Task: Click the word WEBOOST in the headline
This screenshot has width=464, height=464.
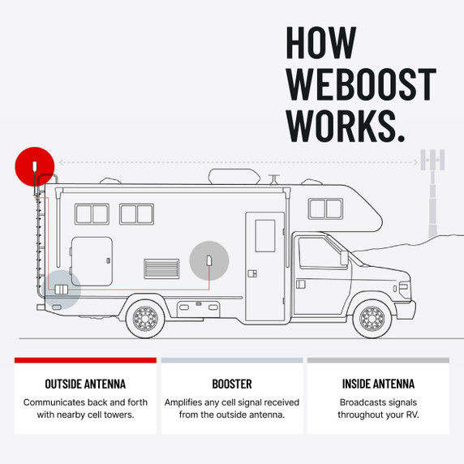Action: (361, 84)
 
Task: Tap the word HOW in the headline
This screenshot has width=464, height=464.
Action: (321, 42)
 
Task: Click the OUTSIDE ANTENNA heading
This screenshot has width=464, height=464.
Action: (85, 384)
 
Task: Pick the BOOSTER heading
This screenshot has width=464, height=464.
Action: (232, 384)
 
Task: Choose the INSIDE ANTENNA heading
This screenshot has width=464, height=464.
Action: (378, 384)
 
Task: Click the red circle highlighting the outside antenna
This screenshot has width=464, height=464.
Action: (35, 166)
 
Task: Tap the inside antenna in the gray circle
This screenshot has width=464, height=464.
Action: (209, 260)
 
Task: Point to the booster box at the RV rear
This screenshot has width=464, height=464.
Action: (62, 290)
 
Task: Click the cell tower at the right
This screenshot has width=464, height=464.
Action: (432, 192)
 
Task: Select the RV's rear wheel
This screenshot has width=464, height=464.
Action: (145, 319)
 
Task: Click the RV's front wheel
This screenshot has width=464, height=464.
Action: (372, 319)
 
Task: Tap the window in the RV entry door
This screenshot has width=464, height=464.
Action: (265, 236)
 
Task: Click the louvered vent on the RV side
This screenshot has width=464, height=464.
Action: (161, 269)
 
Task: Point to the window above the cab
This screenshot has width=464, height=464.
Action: (325, 208)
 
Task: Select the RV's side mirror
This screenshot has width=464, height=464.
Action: (344, 258)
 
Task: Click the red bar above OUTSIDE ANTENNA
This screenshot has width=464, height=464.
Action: (85, 360)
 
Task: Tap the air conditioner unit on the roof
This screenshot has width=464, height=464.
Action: (234, 176)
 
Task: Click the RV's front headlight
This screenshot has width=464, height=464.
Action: (403, 286)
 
